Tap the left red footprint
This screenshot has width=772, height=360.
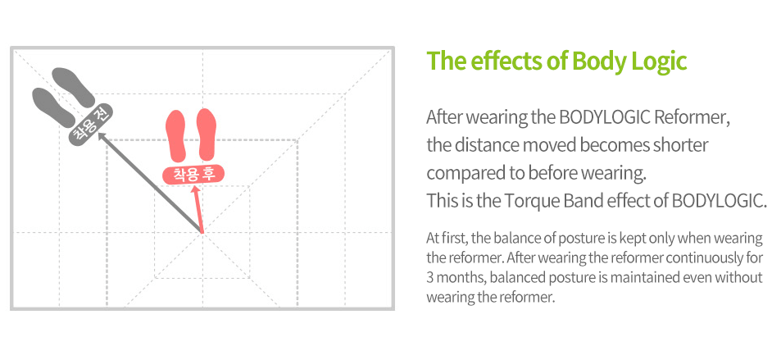(x=177, y=135)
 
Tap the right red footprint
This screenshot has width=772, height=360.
(x=207, y=135)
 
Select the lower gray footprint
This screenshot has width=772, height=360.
(x=53, y=107)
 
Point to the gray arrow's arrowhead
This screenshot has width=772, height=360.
(x=102, y=135)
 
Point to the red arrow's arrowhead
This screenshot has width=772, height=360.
(x=196, y=190)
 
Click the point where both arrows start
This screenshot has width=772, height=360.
(x=202, y=231)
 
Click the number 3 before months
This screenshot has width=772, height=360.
(x=429, y=277)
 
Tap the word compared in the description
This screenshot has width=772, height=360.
(x=460, y=173)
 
